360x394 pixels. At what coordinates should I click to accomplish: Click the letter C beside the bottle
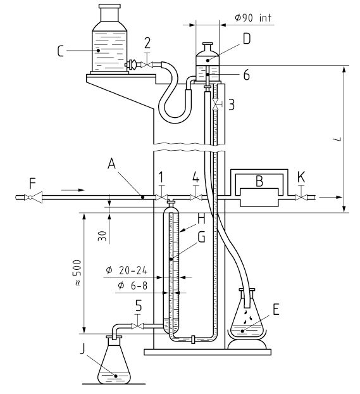point(60,51)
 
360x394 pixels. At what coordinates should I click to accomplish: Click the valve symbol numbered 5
point(137,326)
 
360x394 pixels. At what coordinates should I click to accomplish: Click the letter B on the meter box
point(259,181)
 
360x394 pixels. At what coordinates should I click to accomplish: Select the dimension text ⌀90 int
point(253,18)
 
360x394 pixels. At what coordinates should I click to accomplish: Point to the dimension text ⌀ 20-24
point(127,270)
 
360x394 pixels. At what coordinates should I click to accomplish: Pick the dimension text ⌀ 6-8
point(132,286)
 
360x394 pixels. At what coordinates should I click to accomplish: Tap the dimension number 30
point(102,236)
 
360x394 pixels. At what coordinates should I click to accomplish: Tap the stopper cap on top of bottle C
point(109,6)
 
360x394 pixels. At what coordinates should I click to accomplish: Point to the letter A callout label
point(111,165)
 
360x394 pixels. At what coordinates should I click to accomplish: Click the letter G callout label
point(201,237)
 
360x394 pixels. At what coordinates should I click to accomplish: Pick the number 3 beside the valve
point(231,105)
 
